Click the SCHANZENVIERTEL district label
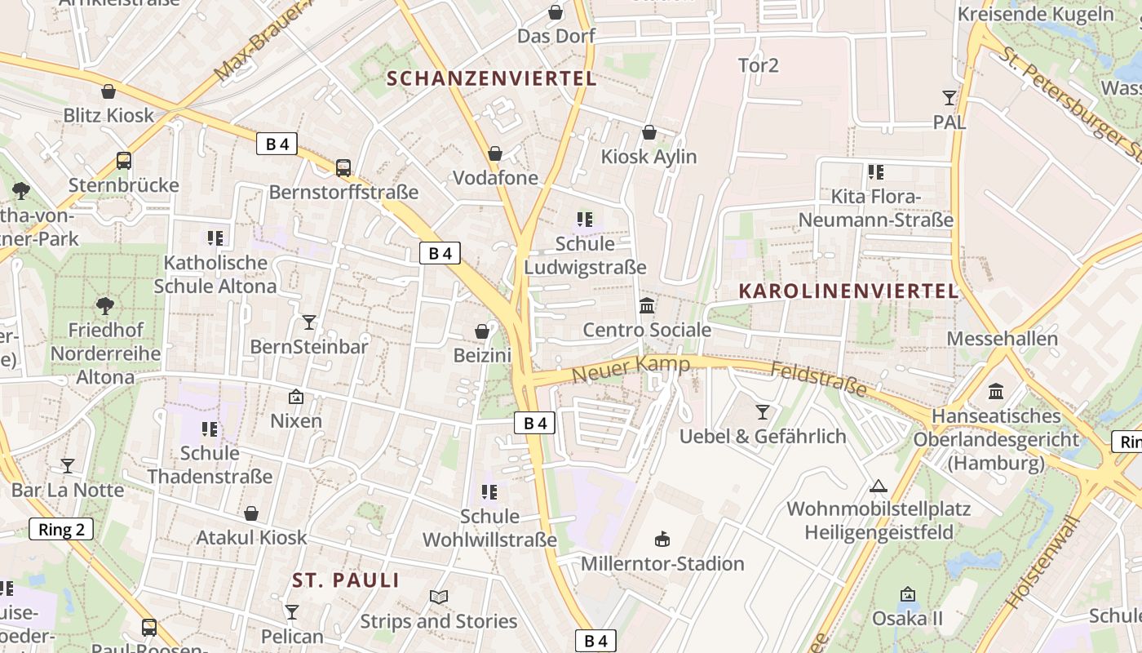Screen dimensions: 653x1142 (492, 79)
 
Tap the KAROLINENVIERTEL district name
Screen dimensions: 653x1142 (848, 291)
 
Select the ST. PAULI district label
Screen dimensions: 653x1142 (346, 580)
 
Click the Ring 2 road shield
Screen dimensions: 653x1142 (61, 529)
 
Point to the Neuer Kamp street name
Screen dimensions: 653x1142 (631, 369)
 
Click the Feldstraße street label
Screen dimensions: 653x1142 (818, 380)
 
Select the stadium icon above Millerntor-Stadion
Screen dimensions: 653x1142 (662, 539)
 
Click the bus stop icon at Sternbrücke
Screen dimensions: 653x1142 (124, 160)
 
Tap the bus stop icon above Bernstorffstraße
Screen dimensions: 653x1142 (343, 167)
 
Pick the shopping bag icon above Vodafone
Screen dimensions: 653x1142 (495, 153)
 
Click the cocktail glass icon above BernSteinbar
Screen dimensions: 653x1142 (309, 322)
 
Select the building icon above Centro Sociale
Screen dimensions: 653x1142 (647, 305)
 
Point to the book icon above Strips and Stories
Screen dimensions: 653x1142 (439, 597)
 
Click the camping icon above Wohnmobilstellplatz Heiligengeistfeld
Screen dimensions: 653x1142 (878, 486)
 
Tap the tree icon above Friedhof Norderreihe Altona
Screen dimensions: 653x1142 (104, 306)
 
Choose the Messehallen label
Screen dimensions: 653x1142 (1002, 338)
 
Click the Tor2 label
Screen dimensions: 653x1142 (758, 65)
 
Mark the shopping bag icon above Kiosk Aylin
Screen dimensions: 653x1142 (649, 132)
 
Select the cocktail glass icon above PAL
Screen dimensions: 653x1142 (949, 98)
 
